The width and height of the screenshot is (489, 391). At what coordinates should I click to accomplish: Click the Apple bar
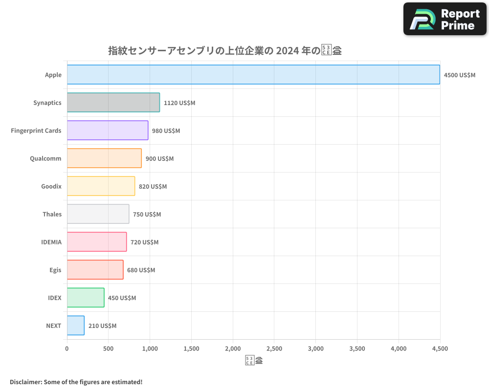(x=253, y=75)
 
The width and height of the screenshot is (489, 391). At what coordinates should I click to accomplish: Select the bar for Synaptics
(x=113, y=103)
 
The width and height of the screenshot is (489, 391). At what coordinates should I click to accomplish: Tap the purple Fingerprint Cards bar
(x=107, y=130)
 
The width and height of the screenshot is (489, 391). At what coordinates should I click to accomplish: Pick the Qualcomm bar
(x=104, y=158)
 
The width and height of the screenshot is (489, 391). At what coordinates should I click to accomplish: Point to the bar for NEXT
(x=75, y=326)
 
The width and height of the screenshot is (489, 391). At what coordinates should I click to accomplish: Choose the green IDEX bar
(x=86, y=298)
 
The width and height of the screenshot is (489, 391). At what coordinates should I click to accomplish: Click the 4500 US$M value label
(x=459, y=75)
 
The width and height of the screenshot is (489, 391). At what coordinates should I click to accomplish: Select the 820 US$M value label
(x=153, y=187)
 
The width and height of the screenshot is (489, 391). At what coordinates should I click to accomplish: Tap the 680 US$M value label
(x=141, y=270)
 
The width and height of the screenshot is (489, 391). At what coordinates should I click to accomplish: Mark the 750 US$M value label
(x=147, y=215)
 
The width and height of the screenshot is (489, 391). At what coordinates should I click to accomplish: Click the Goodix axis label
(x=51, y=186)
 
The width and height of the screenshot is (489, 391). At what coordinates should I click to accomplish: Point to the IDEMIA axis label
(x=51, y=242)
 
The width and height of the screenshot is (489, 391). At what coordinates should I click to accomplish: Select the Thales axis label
(x=52, y=214)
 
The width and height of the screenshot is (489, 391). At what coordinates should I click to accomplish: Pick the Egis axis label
(x=55, y=270)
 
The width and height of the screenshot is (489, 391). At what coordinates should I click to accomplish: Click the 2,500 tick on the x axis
(x=274, y=348)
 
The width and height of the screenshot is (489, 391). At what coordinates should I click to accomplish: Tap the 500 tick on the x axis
(x=109, y=348)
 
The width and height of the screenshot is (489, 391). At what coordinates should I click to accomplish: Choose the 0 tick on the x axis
(x=67, y=348)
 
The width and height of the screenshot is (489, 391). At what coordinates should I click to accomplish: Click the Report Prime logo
(x=445, y=19)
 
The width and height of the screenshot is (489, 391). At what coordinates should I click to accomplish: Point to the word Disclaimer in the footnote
(x=25, y=382)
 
